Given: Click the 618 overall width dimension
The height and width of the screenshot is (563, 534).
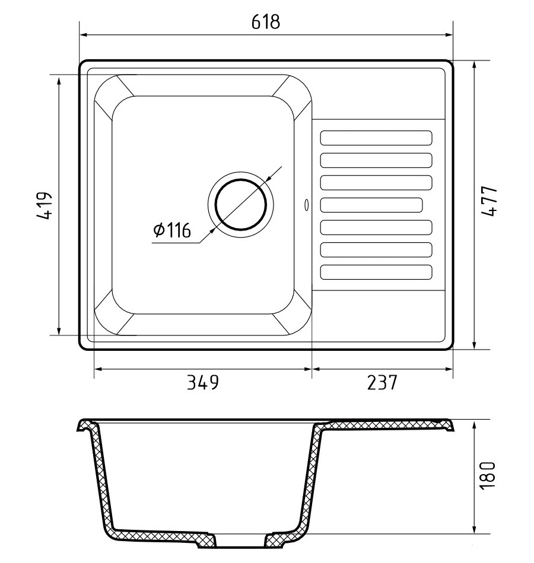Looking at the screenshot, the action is pos(265,21).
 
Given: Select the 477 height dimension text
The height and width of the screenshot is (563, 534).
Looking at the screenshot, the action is pos(489,201).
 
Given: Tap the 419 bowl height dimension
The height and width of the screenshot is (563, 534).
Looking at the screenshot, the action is pos(45,206).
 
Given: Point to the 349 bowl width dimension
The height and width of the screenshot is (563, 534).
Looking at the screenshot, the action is pos(203,382).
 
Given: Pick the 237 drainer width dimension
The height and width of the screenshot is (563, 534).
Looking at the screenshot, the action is pos(382,382).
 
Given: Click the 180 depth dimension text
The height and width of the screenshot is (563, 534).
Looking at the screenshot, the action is pos(488,475).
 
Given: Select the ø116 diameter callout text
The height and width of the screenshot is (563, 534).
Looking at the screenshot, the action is pos(171,230).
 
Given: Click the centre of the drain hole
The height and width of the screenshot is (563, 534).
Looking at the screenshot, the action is pos(240,204).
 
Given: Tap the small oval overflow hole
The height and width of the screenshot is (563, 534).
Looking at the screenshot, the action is pos(306,204).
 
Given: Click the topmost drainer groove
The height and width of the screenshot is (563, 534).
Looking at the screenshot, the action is pos(376,138).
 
